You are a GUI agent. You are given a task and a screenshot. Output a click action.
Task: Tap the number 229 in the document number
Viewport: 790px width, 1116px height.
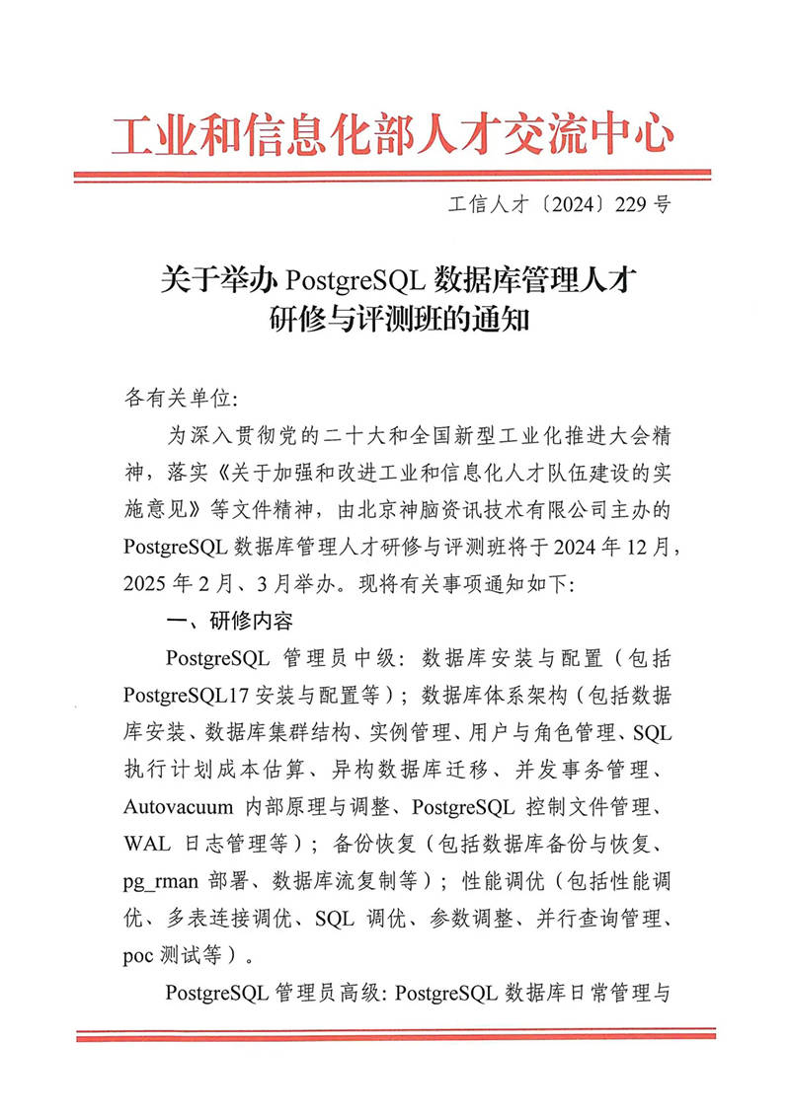[632, 205]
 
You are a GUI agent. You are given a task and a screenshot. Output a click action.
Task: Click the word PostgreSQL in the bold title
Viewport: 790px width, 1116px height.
[355, 279]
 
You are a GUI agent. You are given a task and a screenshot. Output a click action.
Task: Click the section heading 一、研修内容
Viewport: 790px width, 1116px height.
[229, 621]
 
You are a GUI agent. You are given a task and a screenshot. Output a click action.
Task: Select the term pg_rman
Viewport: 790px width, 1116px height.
[160, 879]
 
